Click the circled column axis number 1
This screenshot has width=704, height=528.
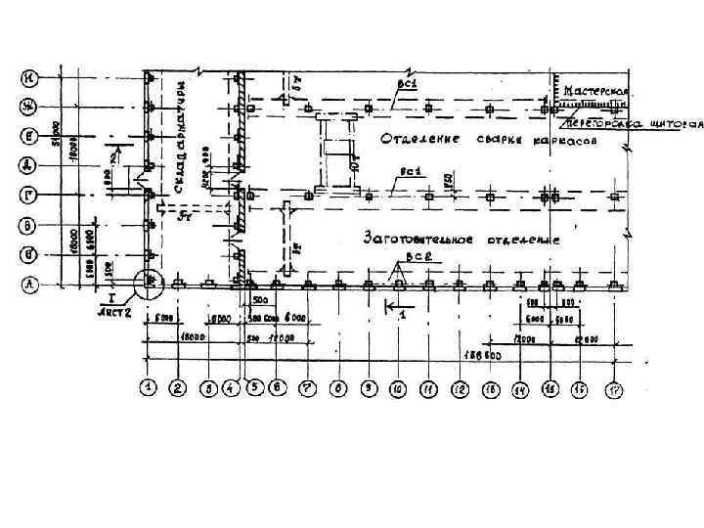click(148, 388)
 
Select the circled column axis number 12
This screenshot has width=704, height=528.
click(459, 388)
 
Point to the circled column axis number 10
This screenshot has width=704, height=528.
click(398, 388)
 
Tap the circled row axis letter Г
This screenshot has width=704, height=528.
click(32, 195)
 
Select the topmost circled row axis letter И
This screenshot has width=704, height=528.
click(32, 77)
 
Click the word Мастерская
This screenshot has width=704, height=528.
click(594, 91)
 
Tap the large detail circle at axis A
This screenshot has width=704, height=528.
click(149, 284)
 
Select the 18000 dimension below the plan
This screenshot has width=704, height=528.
click(193, 337)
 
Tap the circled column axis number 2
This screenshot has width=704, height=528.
click(178, 388)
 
